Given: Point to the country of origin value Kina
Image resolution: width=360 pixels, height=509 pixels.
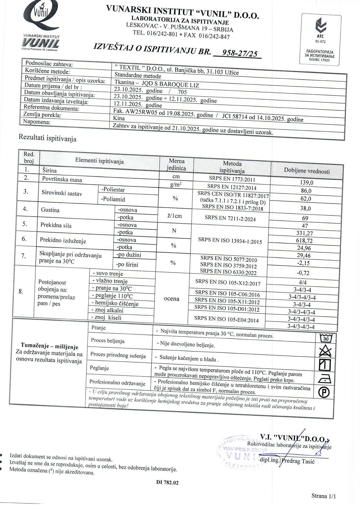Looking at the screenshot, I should tap(119, 118).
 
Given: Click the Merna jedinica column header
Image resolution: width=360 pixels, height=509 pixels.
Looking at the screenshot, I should tap(176, 164).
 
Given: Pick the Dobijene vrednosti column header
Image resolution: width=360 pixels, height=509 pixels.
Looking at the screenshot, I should tap(307, 171).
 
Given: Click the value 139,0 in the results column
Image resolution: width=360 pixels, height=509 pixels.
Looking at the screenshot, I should tap(307, 183).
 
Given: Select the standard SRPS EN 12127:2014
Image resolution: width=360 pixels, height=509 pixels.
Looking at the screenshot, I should tap(232, 187).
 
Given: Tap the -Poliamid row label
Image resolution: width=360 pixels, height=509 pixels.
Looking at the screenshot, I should tap(113, 199).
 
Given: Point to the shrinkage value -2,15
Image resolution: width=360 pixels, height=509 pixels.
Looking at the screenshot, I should tap(303, 263).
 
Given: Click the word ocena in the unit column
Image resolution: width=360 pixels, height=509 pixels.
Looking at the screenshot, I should tap(172, 299).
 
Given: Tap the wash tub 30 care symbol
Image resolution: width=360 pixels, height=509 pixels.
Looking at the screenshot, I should tap(325, 338).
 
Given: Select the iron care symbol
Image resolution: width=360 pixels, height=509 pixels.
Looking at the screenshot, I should tap(325, 379).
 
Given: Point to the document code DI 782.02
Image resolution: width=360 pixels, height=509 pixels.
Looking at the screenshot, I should tap(168, 482).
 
